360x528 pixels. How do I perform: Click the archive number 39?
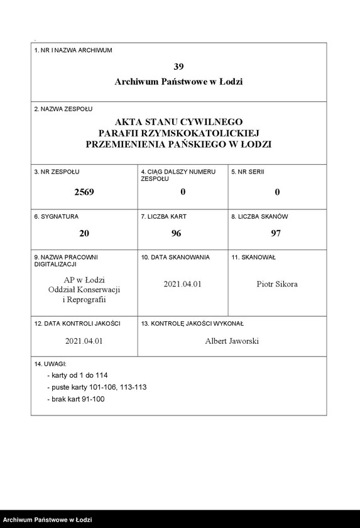tap(178, 66)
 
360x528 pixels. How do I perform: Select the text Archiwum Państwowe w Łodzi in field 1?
tap(178, 82)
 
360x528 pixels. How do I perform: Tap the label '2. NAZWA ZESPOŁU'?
tap(63, 109)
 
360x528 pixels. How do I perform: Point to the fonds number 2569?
tap(84, 192)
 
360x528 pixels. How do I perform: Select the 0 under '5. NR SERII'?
tap(277, 192)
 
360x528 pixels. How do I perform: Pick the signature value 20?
tap(84, 233)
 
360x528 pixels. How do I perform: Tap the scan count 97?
tap(277, 233)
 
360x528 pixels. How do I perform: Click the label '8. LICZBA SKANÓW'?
tap(259, 216)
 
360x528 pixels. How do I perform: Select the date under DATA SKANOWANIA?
tap(182, 284)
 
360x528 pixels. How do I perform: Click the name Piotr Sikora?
tap(277, 284)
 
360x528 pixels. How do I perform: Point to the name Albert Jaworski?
tap(232, 341)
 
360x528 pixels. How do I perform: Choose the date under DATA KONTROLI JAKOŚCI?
tap(84, 341)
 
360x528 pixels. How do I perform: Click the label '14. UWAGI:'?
tap(50, 364)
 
